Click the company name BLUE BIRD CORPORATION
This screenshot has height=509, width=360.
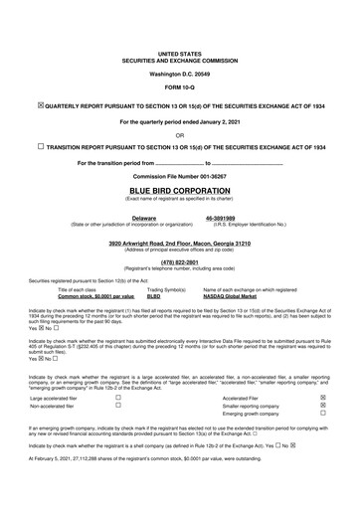pos(179,187)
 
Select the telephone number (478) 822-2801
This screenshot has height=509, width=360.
pos(179,262)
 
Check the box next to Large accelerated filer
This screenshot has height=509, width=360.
pos(117,396)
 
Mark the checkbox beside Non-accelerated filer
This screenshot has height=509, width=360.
pos(117,405)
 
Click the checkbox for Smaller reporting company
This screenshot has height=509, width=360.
pos(322,405)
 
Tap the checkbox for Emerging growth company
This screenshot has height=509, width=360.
pos(322,414)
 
